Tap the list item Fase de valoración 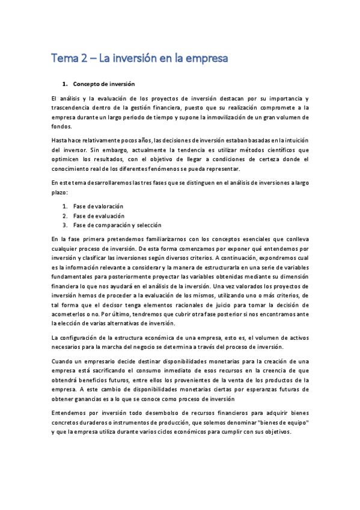[99, 206]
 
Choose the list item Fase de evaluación [99, 215]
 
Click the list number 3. [64, 225]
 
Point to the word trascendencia [72, 107]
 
